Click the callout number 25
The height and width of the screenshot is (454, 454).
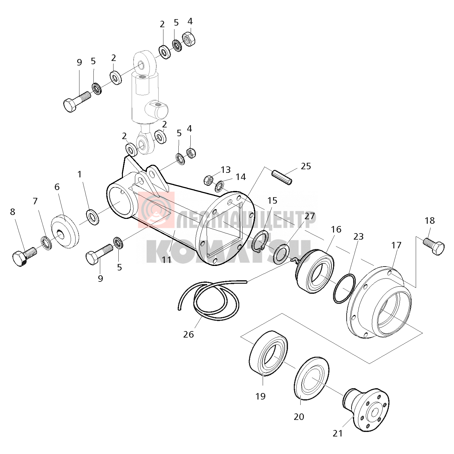(x=306, y=166)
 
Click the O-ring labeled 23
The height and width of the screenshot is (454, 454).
(x=344, y=289)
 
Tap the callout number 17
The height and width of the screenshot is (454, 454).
(x=396, y=245)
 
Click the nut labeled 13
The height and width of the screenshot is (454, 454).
(x=209, y=180)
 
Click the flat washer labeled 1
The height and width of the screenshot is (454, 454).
(x=93, y=217)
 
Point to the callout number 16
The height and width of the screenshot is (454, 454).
(x=336, y=229)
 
